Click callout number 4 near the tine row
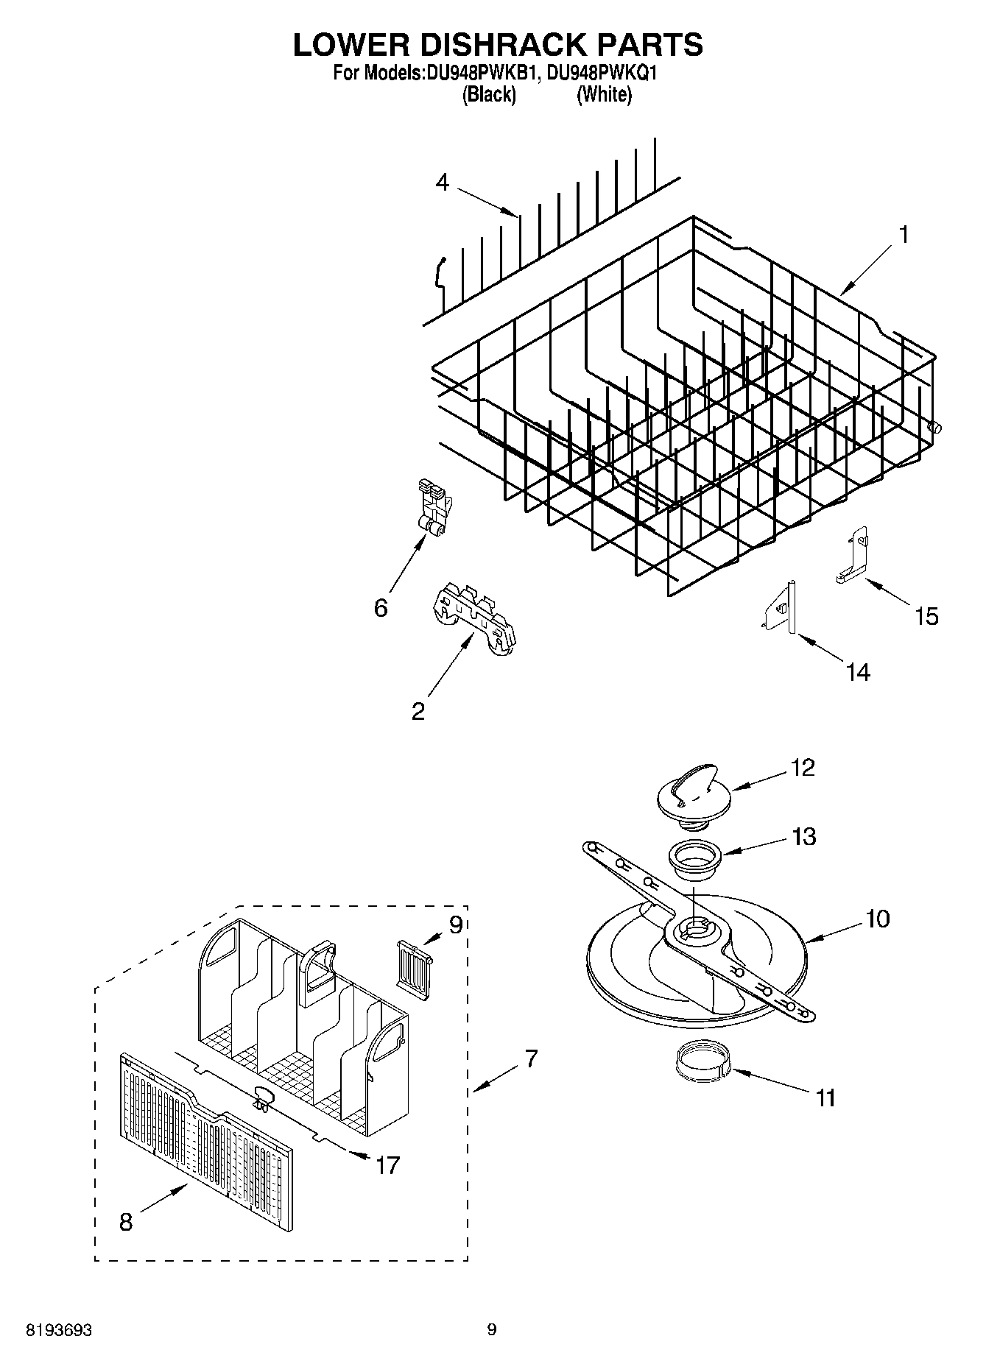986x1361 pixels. (442, 182)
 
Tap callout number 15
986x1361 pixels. (926, 616)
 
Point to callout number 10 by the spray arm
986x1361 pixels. (878, 919)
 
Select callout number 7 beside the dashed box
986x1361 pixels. (531, 1058)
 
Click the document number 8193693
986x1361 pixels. (59, 1330)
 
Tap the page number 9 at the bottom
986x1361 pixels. (492, 1329)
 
